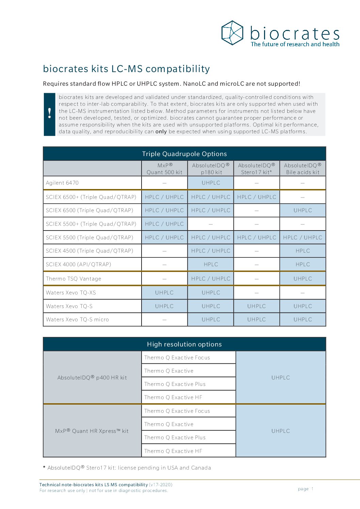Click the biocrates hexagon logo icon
[232, 33]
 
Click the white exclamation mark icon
[50, 113]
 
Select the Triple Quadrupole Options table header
[184, 154]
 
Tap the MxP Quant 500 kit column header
[164, 169]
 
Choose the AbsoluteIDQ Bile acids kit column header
[302, 169]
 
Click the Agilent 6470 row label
[62, 183]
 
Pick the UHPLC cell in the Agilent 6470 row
[211, 183]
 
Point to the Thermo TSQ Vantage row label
[73, 279]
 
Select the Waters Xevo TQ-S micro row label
[77, 320]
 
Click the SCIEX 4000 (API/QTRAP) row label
[78, 265]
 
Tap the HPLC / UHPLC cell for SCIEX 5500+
[164, 224]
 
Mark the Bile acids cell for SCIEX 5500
[302, 238]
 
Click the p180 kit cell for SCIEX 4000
[211, 265]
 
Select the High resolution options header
[184, 344]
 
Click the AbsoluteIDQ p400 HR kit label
[92, 378]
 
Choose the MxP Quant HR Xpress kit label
[92, 431]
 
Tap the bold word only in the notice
[161, 132]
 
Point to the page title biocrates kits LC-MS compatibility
[126, 69]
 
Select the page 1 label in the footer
[305, 489]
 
